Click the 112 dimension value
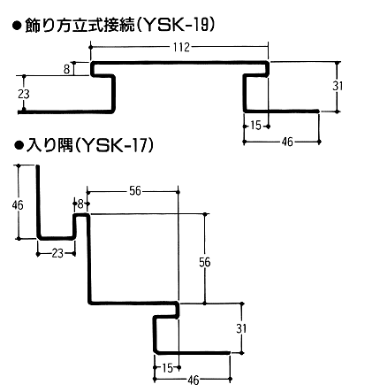(x=180, y=47)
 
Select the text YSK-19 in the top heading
(x=175, y=26)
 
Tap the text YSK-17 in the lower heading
(x=116, y=145)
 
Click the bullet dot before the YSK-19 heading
(x=17, y=26)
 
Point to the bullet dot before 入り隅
(x=19, y=145)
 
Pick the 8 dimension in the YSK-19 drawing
(x=67, y=69)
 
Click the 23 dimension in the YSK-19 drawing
(x=24, y=94)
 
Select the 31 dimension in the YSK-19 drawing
(x=338, y=86)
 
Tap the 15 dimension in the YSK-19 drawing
(x=255, y=126)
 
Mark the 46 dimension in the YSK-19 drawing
(x=287, y=142)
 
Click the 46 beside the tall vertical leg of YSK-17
(x=18, y=204)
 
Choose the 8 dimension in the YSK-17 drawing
(x=80, y=204)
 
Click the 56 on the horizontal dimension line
(x=135, y=191)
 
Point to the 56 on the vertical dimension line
(x=205, y=262)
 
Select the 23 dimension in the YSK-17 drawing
(x=57, y=253)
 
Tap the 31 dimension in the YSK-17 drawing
(x=241, y=328)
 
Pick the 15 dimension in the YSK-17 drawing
(x=167, y=368)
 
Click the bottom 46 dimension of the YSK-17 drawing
(x=194, y=380)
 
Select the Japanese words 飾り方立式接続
(x=80, y=26)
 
